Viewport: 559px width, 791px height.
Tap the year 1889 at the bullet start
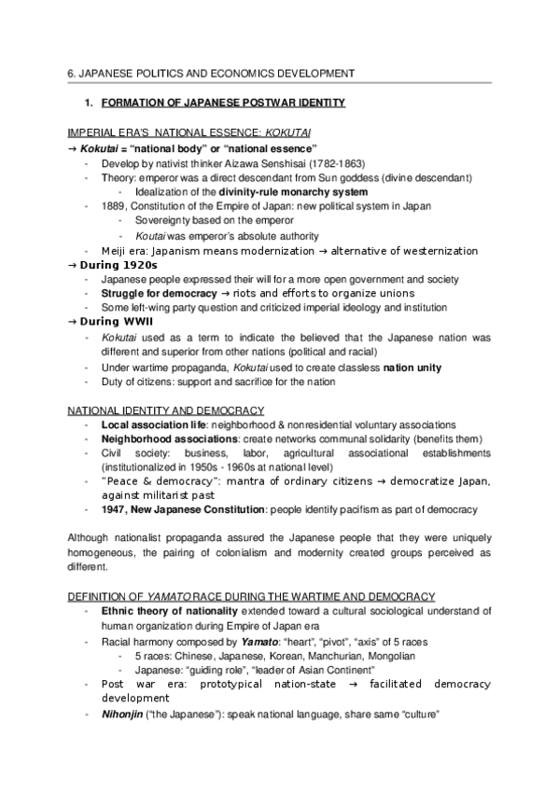point(112,206)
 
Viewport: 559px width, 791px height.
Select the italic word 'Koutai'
point(151,236)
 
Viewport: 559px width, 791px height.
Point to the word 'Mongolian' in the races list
point(389,656)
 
